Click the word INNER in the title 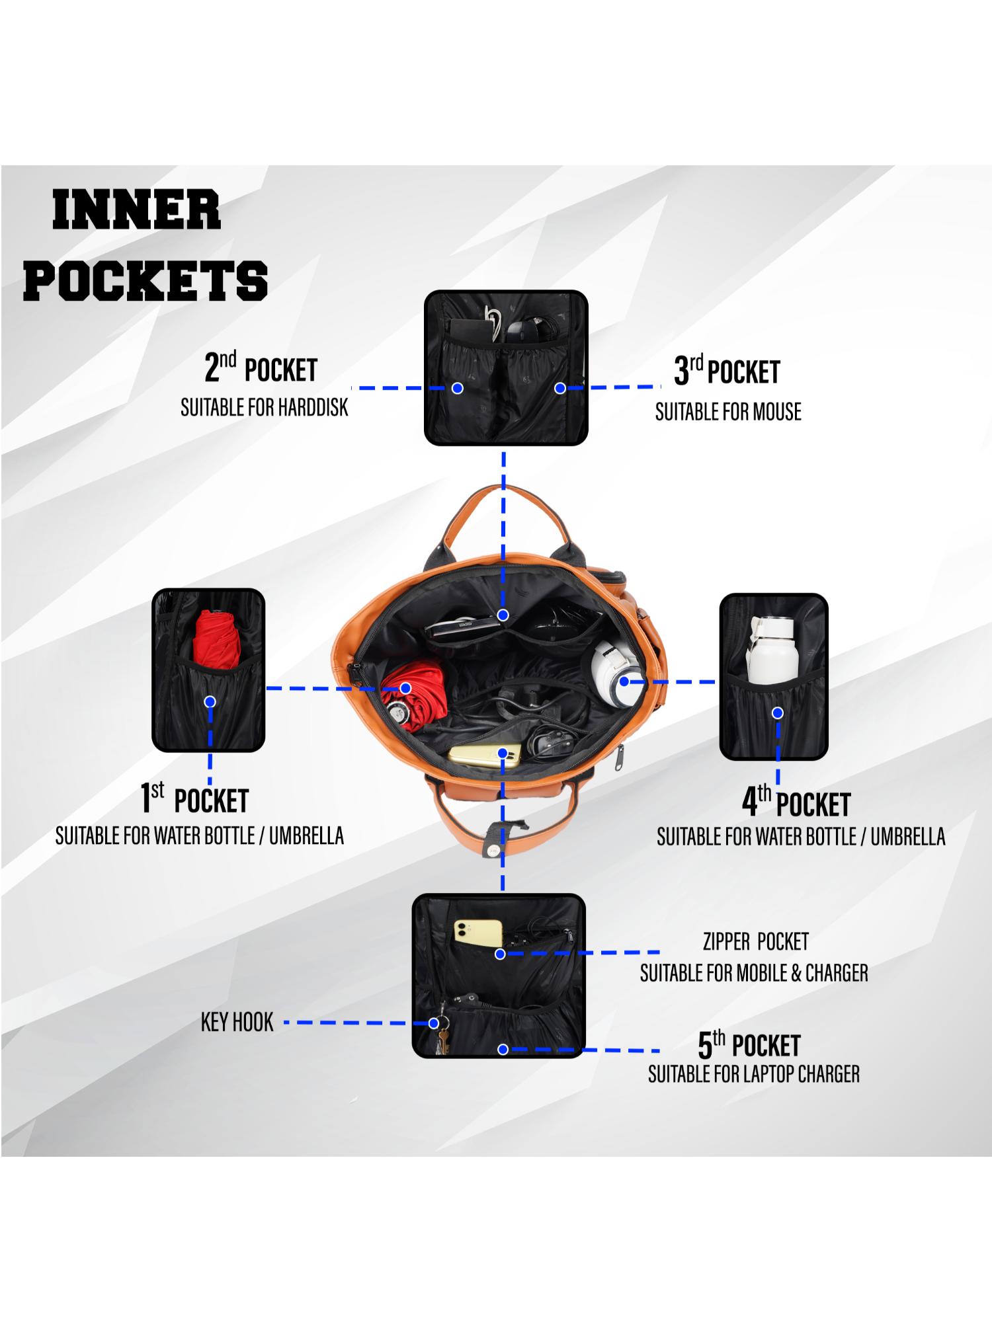click(136, 210)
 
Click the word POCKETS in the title click(145, 280)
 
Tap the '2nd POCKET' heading click(261, 369)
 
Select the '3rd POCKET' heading click(727, 371)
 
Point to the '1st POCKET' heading click(194, 800)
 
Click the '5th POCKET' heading click(749, 1046)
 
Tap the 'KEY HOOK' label click(237, 1023)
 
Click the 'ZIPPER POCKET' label click(755, 941)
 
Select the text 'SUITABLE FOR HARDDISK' click(264, 408)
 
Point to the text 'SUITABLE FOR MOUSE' click(728, 412)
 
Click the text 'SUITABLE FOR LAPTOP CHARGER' click(754, 1075)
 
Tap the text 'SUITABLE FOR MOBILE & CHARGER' click(754, 973)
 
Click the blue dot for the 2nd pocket click(457, 388)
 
